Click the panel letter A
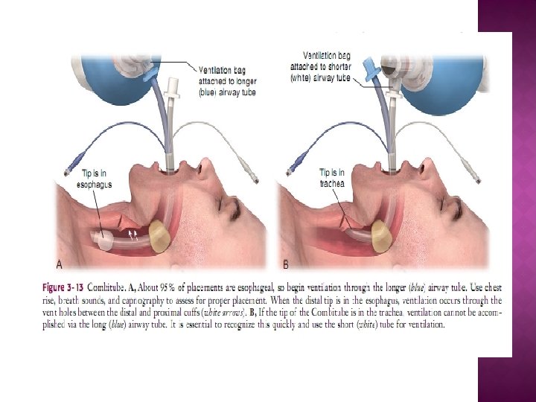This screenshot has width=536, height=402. point(60,264)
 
